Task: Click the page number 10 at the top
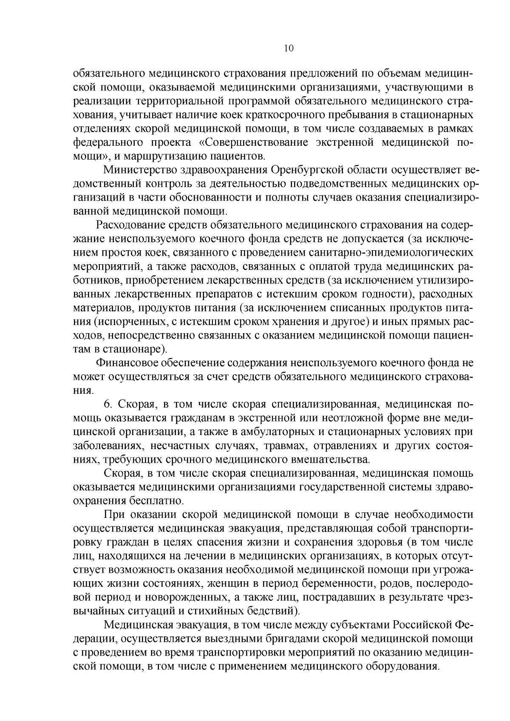pyautogui.click(x=289, y=48)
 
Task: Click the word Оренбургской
pyautogui.click(x=307, y=170)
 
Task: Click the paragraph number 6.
pyautogui.click(x=108, y=404)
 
